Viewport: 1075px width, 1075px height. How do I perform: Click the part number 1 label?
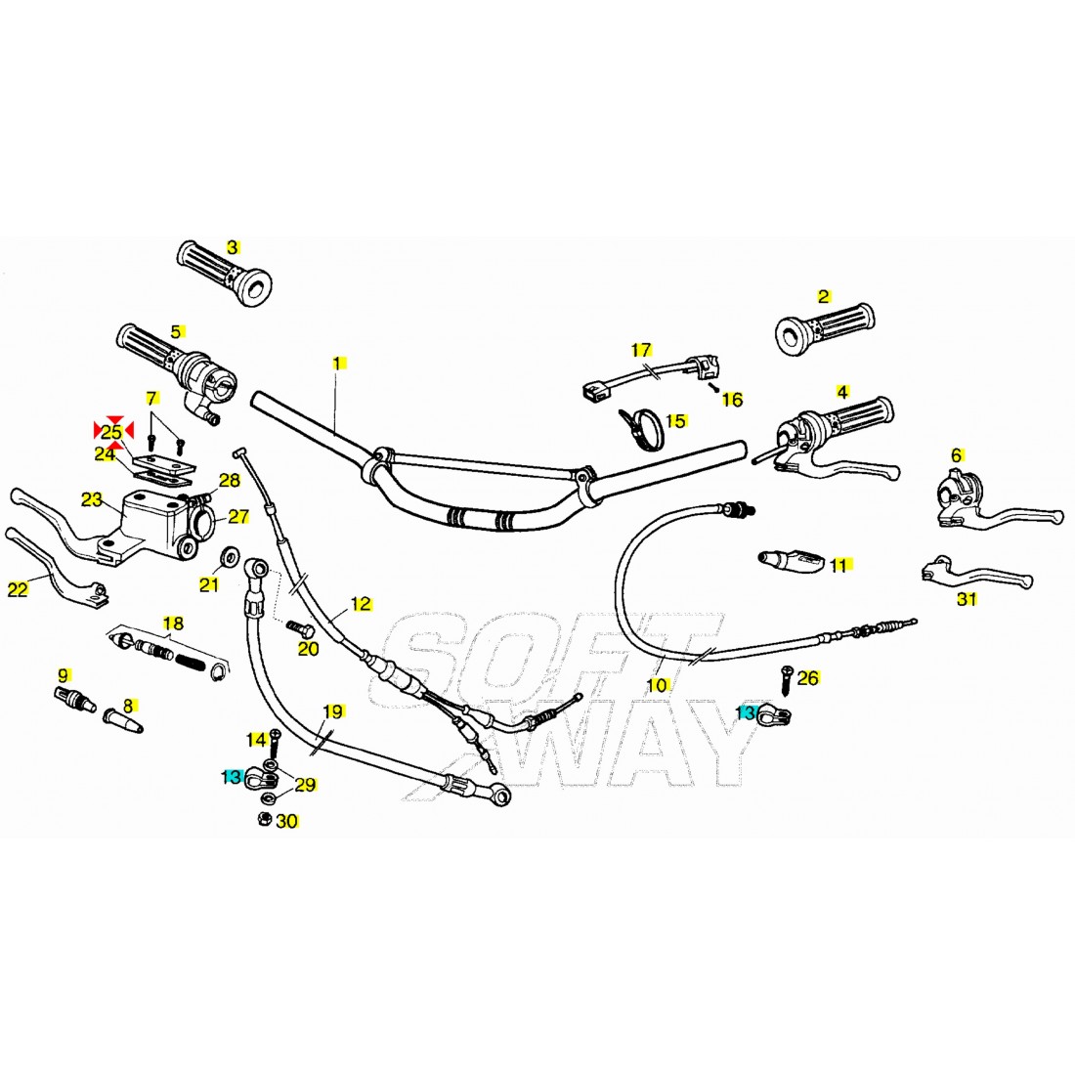(x=337, y=363)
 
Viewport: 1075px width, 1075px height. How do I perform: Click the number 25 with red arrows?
(x=112, y=432)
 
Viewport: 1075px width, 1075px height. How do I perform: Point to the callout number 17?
(x=641, y=350)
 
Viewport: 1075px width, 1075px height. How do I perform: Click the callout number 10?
(x=657, y=685)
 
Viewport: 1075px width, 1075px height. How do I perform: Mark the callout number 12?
(x=361, y=603)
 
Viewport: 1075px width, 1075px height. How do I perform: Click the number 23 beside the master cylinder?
(x=92, y=500)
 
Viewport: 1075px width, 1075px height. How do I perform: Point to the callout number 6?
(x=956, y=454)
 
